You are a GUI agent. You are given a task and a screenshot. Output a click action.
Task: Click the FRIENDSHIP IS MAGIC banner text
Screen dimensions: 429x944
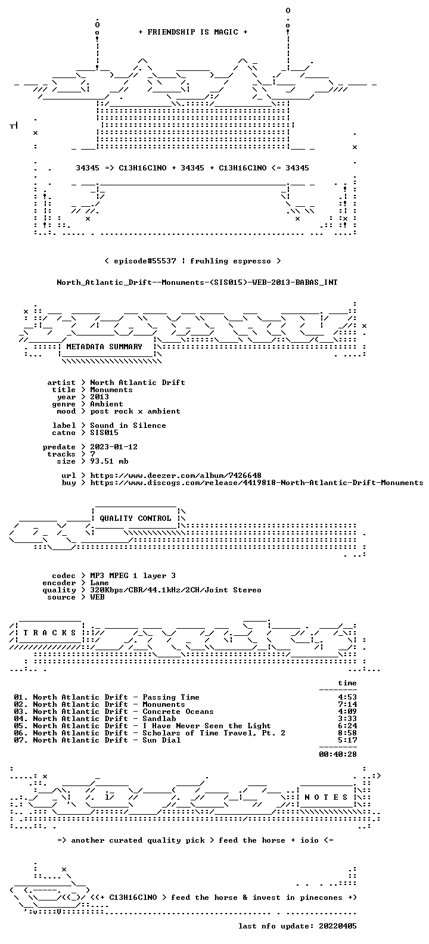coord(193,32)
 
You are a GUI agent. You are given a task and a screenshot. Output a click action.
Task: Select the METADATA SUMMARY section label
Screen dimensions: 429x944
coord(104,347)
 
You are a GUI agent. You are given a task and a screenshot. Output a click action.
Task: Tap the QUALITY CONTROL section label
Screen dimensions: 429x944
coord(135,518)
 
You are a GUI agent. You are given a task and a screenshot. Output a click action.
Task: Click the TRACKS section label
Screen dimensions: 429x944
coord(49,632)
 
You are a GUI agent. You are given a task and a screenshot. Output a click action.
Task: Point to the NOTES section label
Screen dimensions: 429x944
coord(326,797)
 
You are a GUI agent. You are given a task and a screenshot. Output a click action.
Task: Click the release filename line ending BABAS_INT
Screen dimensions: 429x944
coord(197,282)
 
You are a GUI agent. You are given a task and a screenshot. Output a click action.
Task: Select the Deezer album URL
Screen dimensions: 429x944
coord(176,476)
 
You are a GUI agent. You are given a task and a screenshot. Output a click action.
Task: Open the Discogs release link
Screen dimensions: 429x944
coord(257,483)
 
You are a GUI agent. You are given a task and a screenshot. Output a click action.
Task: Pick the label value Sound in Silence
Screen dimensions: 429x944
coord(128,426)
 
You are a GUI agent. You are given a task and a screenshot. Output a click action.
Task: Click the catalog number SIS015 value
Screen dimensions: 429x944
coord(104,433)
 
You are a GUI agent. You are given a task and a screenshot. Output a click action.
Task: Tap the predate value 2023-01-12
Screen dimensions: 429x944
coord(114,447)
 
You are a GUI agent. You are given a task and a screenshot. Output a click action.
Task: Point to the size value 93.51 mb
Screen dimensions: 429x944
coord(109,461)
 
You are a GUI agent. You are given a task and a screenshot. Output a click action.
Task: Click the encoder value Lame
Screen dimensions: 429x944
coord(100,583)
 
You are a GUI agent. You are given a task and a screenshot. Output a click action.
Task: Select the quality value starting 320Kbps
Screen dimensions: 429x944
coord(176,590)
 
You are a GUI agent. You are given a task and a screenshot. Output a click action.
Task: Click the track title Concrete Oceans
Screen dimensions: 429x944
coord(178,712)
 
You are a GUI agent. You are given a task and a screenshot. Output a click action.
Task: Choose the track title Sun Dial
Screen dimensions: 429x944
coord(161,740)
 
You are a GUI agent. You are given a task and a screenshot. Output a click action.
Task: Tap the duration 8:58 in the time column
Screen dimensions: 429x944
coord(347,733)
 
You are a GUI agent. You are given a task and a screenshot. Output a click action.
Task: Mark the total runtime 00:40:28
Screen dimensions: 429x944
coord(338,754)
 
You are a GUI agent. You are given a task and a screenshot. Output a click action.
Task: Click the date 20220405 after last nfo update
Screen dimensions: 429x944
coord(338,926)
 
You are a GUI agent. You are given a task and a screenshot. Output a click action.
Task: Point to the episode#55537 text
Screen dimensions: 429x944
coord(145,261)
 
